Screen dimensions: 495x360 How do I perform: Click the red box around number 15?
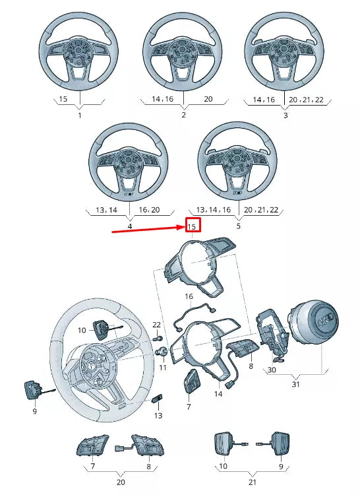(192, 226)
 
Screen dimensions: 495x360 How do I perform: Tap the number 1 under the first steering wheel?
(80, 115)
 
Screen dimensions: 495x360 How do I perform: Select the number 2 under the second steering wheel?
(183, 115)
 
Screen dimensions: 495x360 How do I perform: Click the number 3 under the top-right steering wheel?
(285, 115)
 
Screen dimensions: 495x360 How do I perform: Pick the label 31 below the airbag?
(295, 384)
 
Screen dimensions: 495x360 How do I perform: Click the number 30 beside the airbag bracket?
(272, 370)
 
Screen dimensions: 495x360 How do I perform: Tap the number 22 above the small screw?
(156, 325)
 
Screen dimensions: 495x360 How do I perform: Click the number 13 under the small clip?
(158, 416)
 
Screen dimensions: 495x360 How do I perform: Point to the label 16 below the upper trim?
(189, 296)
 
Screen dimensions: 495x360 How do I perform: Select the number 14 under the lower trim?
(218, 394)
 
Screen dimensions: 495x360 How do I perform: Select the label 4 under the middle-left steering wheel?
(129, 226)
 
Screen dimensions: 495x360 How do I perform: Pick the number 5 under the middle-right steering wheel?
(238, 226)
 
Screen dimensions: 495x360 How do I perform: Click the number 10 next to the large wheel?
(82, 330)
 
